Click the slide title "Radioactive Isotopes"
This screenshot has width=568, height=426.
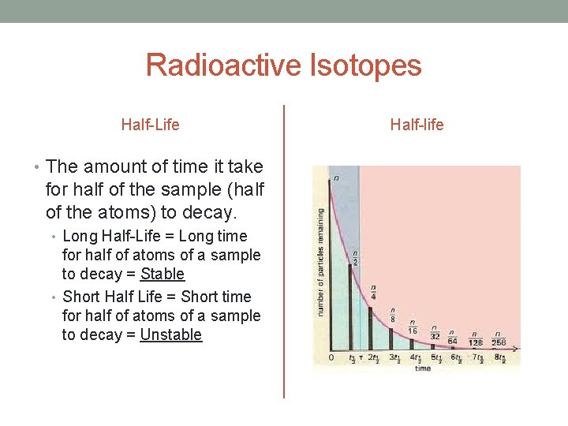283,65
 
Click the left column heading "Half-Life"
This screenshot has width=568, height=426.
150,125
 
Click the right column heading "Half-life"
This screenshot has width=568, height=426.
417,125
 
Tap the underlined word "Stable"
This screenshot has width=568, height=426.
163,275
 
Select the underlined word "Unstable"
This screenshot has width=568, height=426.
170,334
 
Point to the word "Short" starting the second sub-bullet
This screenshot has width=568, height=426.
81,297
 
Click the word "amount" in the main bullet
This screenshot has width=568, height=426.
111,166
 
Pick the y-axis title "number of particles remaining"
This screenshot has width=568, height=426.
320,262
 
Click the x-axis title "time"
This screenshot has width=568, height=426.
423,368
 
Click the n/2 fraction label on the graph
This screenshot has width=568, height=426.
357,257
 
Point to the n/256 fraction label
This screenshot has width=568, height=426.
499,338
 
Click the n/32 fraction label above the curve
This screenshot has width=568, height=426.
435,331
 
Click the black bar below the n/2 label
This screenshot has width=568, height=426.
351,307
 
